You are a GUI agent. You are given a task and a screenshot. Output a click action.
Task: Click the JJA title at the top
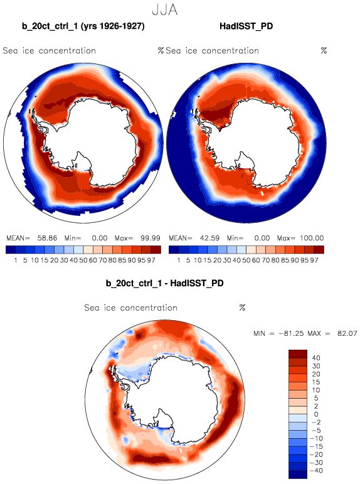(x=165, y=10)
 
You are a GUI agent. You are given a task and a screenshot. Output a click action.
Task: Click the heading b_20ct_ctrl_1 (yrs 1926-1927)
(x=83, y=26)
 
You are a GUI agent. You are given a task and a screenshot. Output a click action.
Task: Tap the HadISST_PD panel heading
(x=246, y=26)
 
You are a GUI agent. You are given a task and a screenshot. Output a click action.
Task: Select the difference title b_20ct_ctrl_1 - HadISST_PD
(x=164, y=283)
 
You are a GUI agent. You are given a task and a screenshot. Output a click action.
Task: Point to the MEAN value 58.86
(x=47, y=238)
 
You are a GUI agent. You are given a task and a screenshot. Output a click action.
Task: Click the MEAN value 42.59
(x=209, y=238)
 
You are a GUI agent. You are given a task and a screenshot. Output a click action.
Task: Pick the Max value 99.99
(x=151, y=238)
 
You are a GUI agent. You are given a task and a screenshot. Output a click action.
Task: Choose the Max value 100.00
(x=312, y=238)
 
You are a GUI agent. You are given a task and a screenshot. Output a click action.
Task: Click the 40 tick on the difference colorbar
(x=316, y=358)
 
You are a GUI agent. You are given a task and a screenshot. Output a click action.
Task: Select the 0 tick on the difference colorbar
(x=316, y=414)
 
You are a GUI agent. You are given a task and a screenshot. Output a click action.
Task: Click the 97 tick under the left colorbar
(x=151, y=261)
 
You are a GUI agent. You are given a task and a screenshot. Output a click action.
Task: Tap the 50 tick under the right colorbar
(x=246, y=261)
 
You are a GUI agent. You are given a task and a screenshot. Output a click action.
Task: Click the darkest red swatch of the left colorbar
(x=156, y=249)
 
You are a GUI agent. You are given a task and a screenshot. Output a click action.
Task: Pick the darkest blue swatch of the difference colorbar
(x=298, y=475)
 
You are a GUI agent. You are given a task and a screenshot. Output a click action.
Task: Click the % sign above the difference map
(x=242, y=308)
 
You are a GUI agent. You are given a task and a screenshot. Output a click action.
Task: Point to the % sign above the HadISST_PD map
(x=324, y=51)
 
